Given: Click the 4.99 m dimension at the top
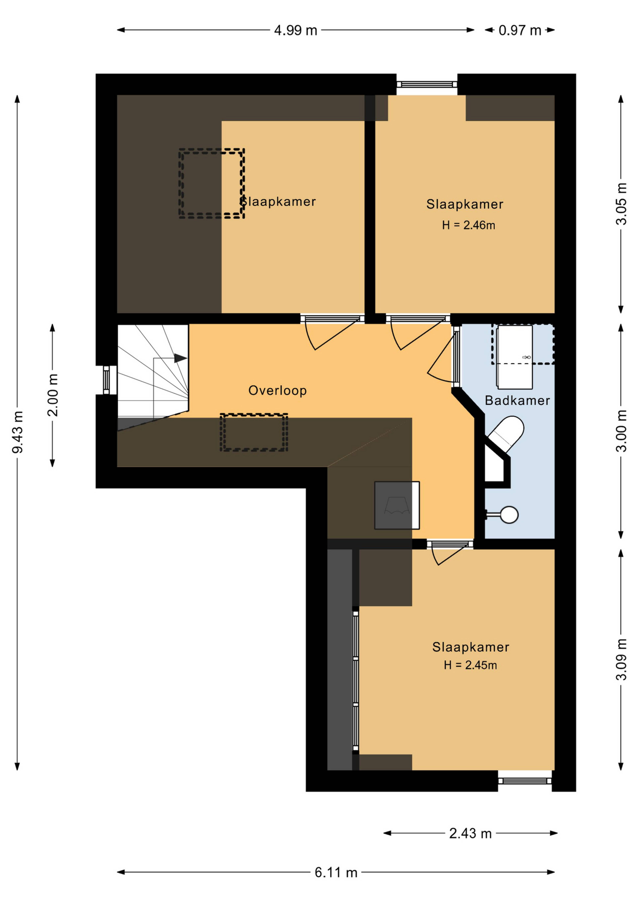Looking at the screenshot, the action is point(295,30).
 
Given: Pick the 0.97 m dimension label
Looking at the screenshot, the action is point(520,30).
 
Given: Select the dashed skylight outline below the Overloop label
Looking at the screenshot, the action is point(254,432).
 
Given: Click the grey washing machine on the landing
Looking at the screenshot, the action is point(397,505).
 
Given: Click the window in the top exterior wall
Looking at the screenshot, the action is point(427,84).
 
